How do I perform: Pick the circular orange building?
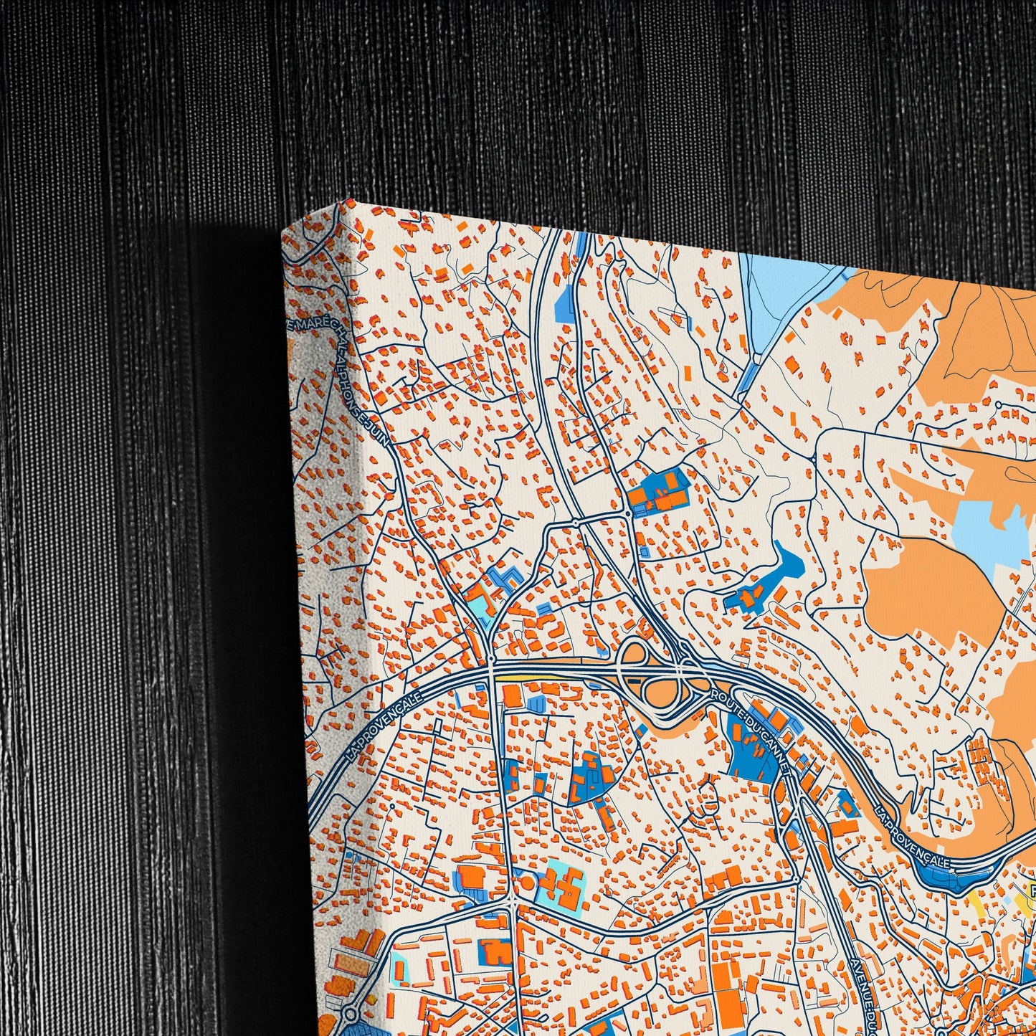[x=527, y=881]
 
